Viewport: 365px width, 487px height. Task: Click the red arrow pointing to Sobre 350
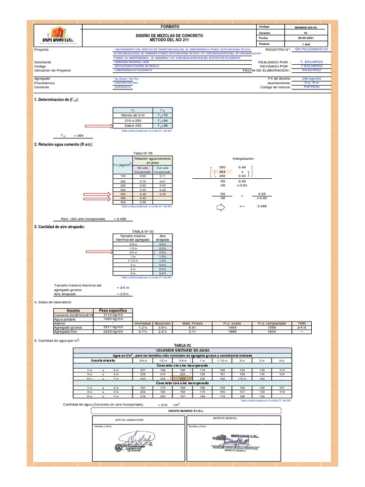(98, 126)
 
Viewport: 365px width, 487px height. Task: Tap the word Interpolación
(243, 158)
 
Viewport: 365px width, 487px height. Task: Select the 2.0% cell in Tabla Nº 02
(162, 253)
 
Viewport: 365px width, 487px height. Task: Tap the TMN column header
(301, 323)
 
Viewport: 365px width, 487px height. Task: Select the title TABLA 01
(182, 345)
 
